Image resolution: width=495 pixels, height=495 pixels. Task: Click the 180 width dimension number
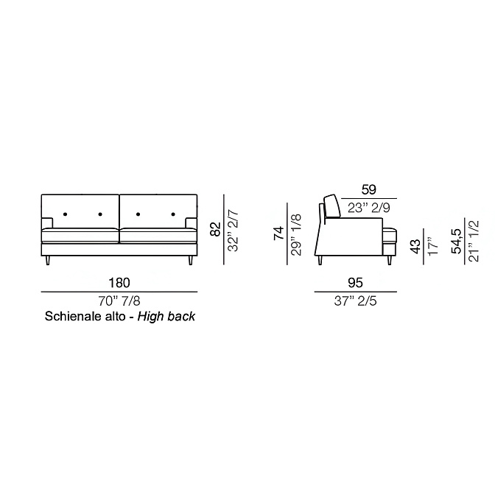point(119,283)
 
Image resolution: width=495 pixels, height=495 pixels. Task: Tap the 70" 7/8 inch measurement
point(119,301)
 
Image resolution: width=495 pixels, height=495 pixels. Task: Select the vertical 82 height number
point(215,229)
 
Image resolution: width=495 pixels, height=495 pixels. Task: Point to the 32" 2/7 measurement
point(234,231)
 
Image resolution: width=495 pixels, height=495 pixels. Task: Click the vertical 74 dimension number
point(278,234)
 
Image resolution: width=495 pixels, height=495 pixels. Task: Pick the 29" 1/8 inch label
point(296,235)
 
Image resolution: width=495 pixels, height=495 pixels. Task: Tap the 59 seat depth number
point(369,190)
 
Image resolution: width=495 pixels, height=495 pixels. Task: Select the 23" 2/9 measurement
point(369,208)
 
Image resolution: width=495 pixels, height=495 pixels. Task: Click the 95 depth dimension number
point(355,283)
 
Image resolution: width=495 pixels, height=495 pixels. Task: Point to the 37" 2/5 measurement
point(355,301)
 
